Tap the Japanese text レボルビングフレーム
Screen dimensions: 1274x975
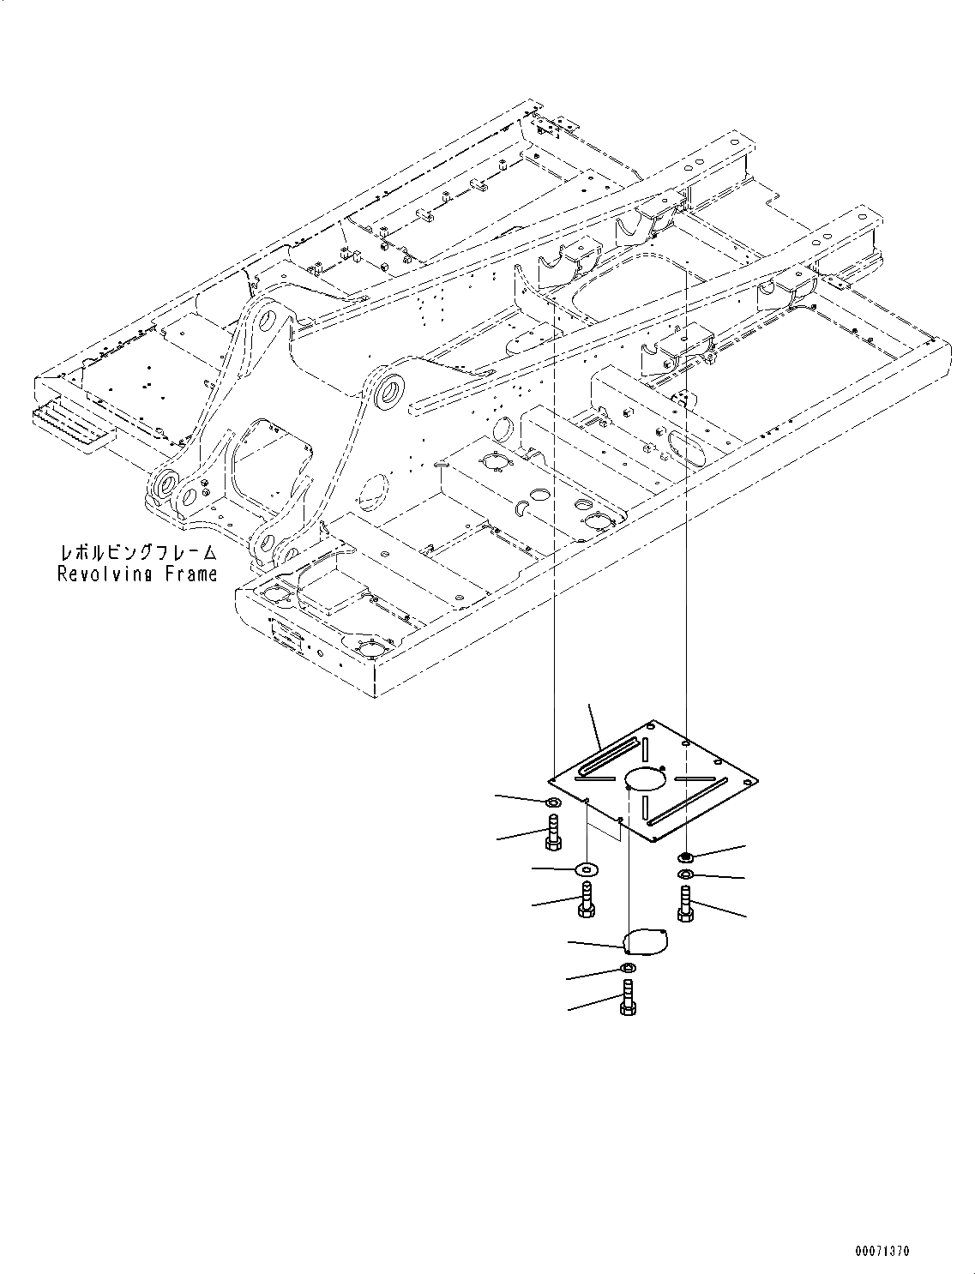[x=137, y=554]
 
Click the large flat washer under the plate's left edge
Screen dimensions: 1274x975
[x=587, y=869]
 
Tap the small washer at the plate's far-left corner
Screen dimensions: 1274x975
[x=552, y=802]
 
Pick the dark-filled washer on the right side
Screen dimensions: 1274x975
[x=685, y=856]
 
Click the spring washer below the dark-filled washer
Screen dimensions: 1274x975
[x=685, y=874]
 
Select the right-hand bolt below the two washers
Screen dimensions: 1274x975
[x=684, y=905]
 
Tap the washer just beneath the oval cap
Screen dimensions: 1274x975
[x=628, y=969]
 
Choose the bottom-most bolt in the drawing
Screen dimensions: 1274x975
[x=627, y=999]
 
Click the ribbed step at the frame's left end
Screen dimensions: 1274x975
[x=73, y=425]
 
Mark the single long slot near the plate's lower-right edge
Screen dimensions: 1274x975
[x=689, y=802]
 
